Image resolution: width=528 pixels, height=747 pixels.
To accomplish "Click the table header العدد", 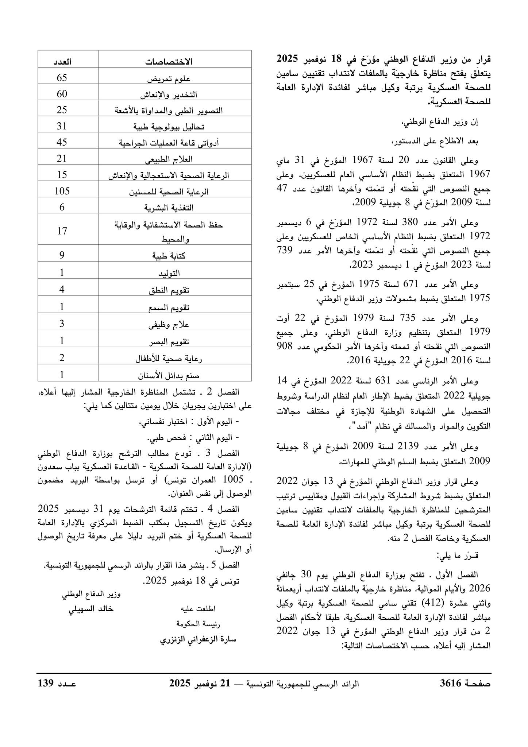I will (62, 61).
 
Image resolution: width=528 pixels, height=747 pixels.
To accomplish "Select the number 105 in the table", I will (62, 191).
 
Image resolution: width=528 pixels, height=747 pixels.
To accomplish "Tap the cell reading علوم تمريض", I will (169, 78).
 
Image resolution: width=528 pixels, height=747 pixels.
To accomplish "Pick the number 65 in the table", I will (62, 78).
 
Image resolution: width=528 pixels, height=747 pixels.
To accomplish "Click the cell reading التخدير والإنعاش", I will (169, 94).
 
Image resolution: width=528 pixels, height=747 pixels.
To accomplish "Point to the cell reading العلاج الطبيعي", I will (169, 159).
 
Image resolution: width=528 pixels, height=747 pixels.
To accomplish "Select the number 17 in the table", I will (62, 231).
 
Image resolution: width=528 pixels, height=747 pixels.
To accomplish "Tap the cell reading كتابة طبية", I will (169, 256).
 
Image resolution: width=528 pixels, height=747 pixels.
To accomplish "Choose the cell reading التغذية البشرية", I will (169, 208).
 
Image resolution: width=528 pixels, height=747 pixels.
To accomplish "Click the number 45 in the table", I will (62, 142).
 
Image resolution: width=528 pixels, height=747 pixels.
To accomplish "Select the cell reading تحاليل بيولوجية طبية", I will (169, 127).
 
